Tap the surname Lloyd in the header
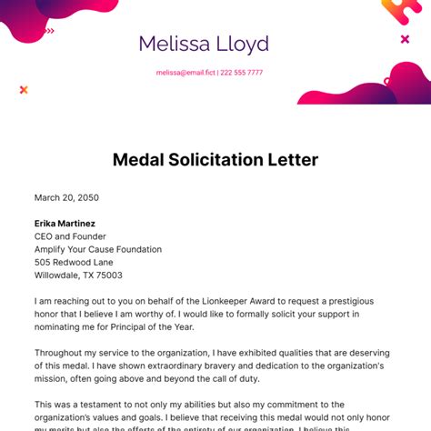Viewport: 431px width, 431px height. click(240, 44)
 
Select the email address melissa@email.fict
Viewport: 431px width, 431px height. click(185, 73)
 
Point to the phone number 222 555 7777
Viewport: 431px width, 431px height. click(241, 73)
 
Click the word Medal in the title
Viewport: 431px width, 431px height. click(141, 160)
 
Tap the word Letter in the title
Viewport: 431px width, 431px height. click(293, 160)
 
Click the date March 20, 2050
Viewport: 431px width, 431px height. click(66, 197)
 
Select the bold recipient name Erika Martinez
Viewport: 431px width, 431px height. click(65, 223)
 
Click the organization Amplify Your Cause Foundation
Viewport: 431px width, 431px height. click(97, 249)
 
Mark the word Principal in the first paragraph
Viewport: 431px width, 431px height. click(167, 326)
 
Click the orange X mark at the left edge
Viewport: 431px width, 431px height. click(24, 89)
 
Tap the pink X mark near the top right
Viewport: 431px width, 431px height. click(405, 39)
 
